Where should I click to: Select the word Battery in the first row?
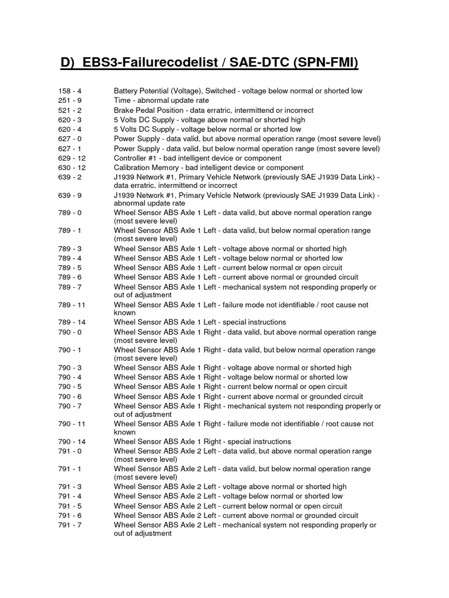(x=126, y=91)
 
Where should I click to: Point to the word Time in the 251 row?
(x=123, y=100)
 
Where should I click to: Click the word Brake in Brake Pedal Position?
(x=125, y=110)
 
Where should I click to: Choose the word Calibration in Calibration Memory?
(x=133, y=168)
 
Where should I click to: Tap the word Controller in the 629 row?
(x=132, y=158)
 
